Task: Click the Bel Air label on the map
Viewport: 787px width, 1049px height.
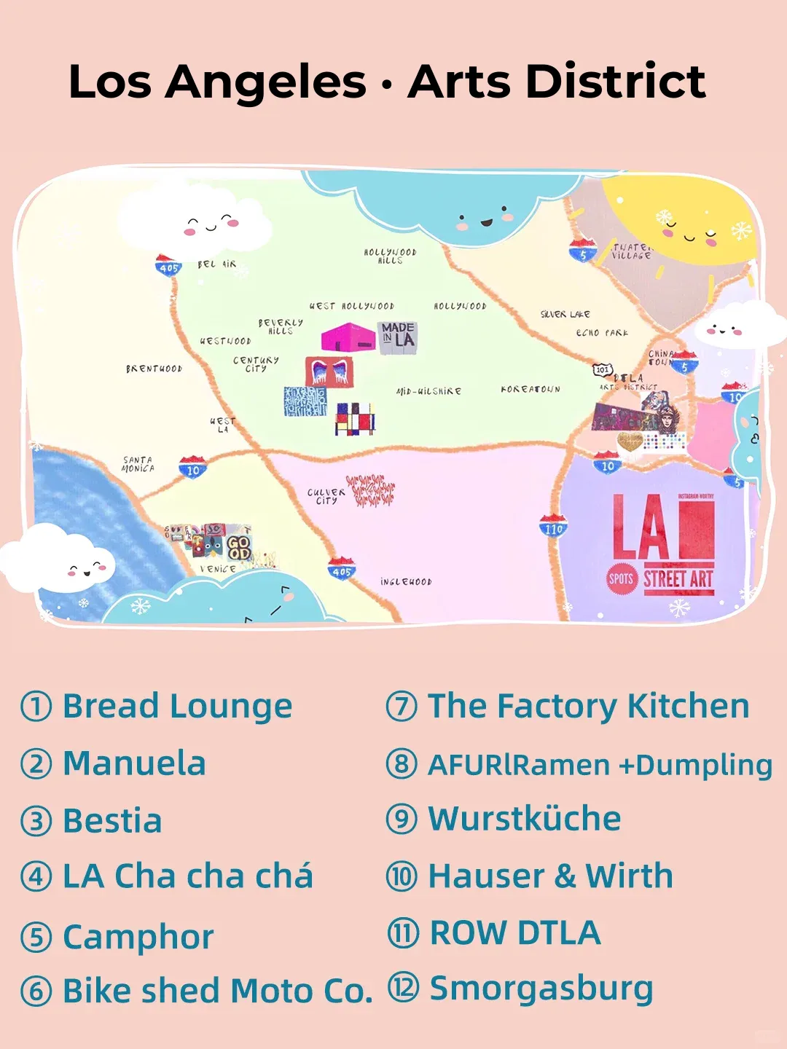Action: point(216,264)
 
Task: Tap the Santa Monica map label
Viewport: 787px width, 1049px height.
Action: point(138,464)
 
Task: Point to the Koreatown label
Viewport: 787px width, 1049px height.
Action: point(530,389)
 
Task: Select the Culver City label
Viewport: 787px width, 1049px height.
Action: point(326,496)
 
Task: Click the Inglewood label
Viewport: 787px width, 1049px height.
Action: point(406,581)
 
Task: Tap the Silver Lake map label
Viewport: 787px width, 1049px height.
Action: point(565,314)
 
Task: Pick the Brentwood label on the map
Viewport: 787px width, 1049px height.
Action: point(154,369)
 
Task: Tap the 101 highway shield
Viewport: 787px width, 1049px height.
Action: point(602,369)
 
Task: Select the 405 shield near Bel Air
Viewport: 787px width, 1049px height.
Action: point(168,266)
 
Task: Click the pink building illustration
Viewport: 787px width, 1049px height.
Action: point(348,338)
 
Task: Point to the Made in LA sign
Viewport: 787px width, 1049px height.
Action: point(398,338)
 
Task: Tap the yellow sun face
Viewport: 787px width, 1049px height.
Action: point(681,222)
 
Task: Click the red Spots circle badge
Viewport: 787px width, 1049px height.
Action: point(622,578)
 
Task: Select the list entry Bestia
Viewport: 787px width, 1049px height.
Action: point(112,820)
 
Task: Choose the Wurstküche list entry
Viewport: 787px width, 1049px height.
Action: point(524,819)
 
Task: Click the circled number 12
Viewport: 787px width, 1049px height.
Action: point(402,988)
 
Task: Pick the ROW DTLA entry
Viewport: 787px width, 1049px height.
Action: point(515,932)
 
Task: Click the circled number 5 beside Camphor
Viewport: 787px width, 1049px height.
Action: point(36,937)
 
